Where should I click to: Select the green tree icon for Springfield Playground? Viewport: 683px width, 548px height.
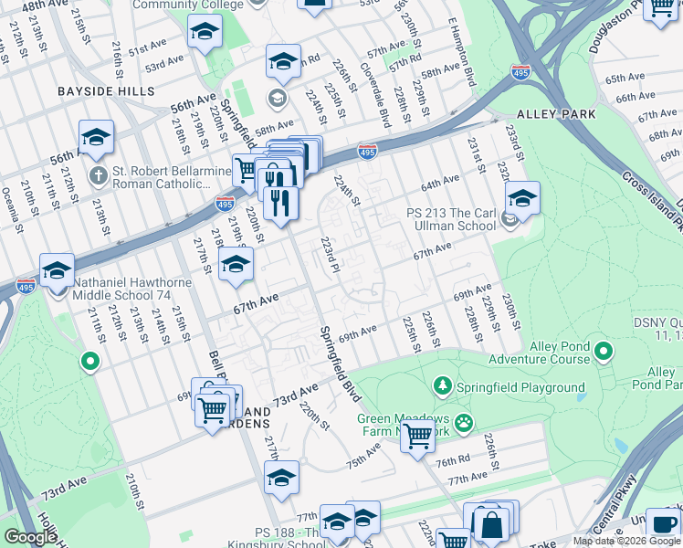click(x=443, y=386)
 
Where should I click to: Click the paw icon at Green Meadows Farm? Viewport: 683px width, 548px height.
click(x=465, y=422)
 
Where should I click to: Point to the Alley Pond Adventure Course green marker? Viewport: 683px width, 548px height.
click(x=603, y=351)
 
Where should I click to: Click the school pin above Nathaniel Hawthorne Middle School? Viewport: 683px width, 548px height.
click(x=57, y=271)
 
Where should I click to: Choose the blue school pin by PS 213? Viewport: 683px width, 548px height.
click(x=521, y=198)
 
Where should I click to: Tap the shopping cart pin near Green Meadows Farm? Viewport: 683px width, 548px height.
click(x=417, y=437)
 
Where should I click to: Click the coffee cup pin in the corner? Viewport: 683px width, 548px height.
click(x=663, y=523)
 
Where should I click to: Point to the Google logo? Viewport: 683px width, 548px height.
click(x=30, y=537)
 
